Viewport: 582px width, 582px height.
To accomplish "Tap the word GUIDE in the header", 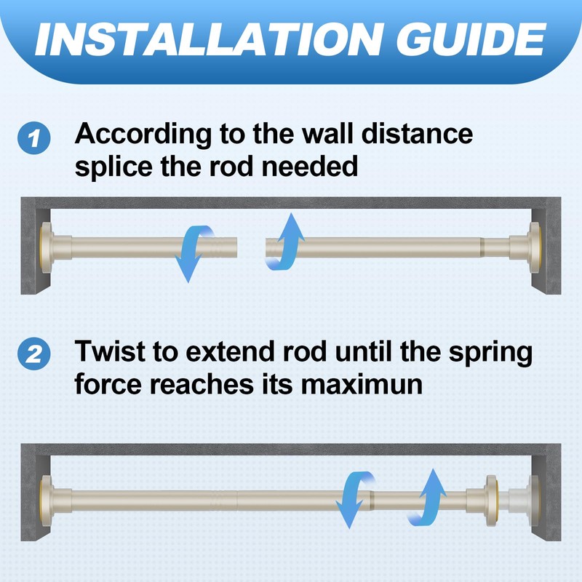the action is pos(471,39).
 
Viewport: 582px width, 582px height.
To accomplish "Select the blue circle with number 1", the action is pos(33,138).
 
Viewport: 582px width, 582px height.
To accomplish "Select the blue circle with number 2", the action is pos(33,354).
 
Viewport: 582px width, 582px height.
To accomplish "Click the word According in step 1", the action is pos(143,135).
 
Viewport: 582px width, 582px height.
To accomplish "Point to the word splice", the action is pos(113,167).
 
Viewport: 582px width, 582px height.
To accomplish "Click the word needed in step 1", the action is pos(310,167).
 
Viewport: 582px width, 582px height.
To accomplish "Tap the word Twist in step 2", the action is pos(110,351).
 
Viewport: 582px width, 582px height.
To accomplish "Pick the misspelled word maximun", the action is pos(362,384).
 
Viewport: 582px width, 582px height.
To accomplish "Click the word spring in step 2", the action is pos(490,353).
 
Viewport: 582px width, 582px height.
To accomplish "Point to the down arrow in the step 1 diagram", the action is pos(193,252).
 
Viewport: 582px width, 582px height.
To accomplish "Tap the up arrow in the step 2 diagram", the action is pos(427,498).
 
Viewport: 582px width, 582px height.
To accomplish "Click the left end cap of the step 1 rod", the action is pos(47,247).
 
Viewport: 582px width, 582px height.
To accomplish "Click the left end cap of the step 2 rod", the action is pos(47,501).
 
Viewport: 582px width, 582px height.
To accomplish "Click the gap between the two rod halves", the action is pos(251,247).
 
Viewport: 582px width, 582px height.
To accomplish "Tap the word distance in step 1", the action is pos(417,134).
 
